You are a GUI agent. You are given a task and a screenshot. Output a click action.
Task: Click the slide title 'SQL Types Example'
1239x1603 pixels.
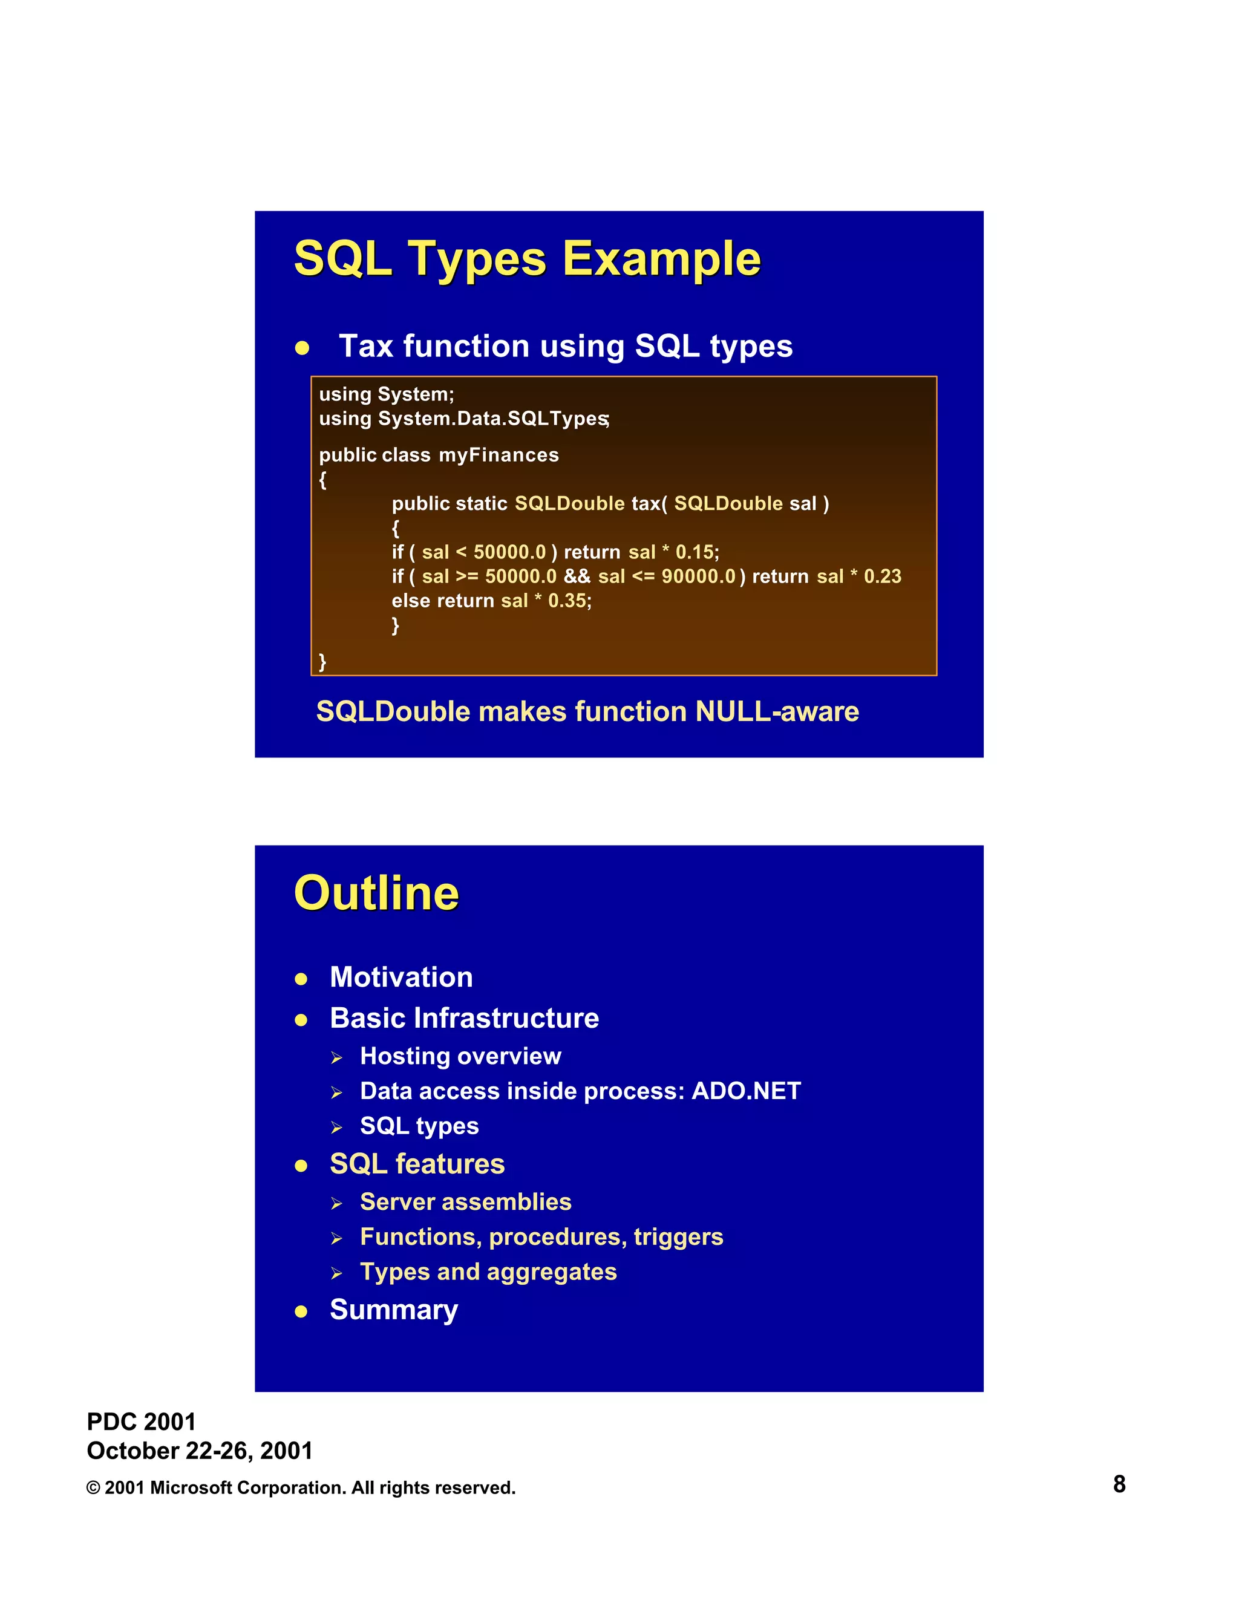point(527,258)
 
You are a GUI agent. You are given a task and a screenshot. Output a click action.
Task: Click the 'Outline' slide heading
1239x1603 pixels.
point(376,893)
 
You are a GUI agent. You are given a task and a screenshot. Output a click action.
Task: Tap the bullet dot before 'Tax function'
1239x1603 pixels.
point(302,348)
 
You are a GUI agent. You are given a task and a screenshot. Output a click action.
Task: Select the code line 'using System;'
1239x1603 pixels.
point(386,394)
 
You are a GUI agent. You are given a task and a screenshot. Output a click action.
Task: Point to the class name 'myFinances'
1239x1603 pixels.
point(499,455)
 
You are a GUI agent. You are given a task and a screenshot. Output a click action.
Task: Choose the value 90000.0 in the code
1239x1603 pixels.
point(698,576)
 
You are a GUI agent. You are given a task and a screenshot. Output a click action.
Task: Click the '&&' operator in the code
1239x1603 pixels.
point(577,576)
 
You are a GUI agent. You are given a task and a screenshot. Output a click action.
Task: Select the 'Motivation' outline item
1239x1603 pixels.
point(402,977)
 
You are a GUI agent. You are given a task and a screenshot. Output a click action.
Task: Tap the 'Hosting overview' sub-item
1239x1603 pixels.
point(460,1056)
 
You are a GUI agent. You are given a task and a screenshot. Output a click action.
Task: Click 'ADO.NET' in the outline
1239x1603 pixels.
point(746,1091)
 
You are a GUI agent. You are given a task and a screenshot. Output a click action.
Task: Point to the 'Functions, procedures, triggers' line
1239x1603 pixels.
point(541,1237)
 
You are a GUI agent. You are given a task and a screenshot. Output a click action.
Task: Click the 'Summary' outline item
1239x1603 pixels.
point(394,1310)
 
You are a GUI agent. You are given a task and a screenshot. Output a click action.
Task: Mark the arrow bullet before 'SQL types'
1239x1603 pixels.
point(337,1128)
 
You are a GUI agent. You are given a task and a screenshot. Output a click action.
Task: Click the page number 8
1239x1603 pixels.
point(1119,1484)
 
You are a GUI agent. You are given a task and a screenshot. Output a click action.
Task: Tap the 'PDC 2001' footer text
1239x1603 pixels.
point(141,1422)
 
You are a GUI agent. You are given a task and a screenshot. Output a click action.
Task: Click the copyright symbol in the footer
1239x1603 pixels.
point(93,1488)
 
